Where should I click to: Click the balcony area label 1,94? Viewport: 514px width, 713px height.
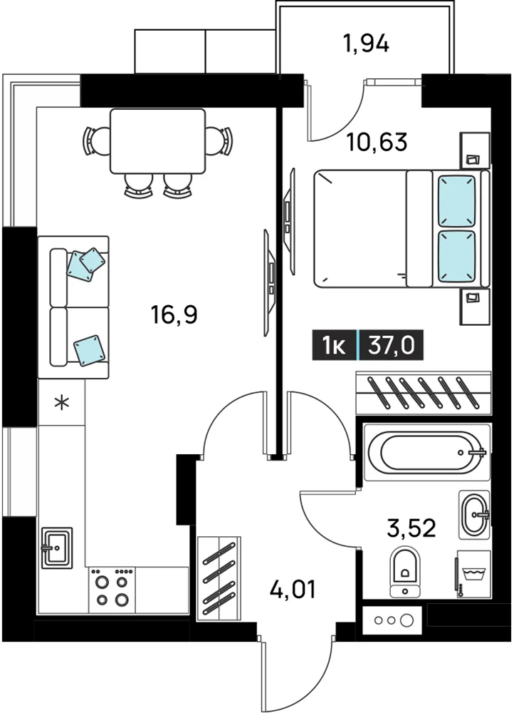coord(367,44)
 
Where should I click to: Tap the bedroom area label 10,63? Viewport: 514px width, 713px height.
coord(377,143)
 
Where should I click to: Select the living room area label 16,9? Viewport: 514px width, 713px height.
coord(175,314)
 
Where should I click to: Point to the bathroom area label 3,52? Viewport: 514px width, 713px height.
coord(411,528)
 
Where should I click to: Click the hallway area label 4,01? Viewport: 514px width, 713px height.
coord(293,590)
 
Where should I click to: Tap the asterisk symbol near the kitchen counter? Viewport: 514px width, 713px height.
coord(62,403)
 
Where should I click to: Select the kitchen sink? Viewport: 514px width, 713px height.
coord(57,548)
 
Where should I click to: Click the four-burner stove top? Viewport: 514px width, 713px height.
coord(112,590)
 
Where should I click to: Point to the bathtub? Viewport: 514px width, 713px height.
coord(427,453)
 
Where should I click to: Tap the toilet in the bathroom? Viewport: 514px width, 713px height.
coord(406,571)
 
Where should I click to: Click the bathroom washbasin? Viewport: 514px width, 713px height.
coord(475,515)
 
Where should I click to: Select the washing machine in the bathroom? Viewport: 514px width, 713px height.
coord(473,573)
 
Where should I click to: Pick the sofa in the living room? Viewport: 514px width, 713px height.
coord(73,307)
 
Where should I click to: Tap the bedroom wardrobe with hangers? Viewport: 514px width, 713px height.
coord(424,393)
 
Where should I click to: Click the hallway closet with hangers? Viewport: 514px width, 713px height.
coord(219,578)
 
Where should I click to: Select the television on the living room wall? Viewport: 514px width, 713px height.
coord(270,283)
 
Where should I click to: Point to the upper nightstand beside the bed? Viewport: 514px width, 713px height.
coord(475,150)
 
